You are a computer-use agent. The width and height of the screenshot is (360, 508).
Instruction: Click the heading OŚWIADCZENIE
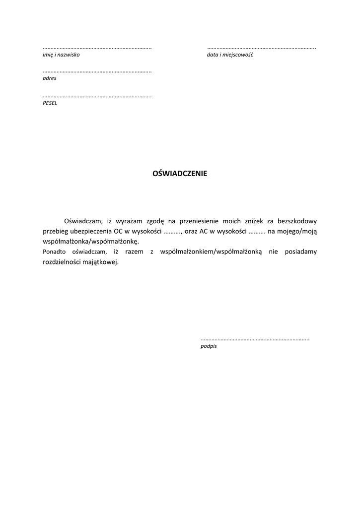(179, 174)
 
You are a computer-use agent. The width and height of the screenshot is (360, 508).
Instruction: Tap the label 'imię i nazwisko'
(61, 55)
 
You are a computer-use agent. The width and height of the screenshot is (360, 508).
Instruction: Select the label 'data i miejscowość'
(230, 55)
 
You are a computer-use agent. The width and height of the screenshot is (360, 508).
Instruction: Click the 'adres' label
(50, 78)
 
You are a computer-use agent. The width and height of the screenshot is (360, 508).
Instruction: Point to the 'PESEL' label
(50, 103)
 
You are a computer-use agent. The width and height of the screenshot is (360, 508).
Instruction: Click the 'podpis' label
(209, 346)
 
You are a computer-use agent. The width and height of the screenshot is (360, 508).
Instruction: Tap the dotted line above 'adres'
(97, 72)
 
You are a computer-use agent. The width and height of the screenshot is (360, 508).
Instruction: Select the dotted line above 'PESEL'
(97, 96)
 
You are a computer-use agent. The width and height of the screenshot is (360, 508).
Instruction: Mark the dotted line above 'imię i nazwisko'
(97, 48)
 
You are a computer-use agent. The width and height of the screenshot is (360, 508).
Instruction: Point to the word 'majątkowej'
(102, 262)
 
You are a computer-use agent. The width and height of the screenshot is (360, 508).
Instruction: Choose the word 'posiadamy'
(301, 252)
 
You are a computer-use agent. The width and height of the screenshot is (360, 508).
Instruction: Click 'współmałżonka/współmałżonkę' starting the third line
(91, 242)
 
